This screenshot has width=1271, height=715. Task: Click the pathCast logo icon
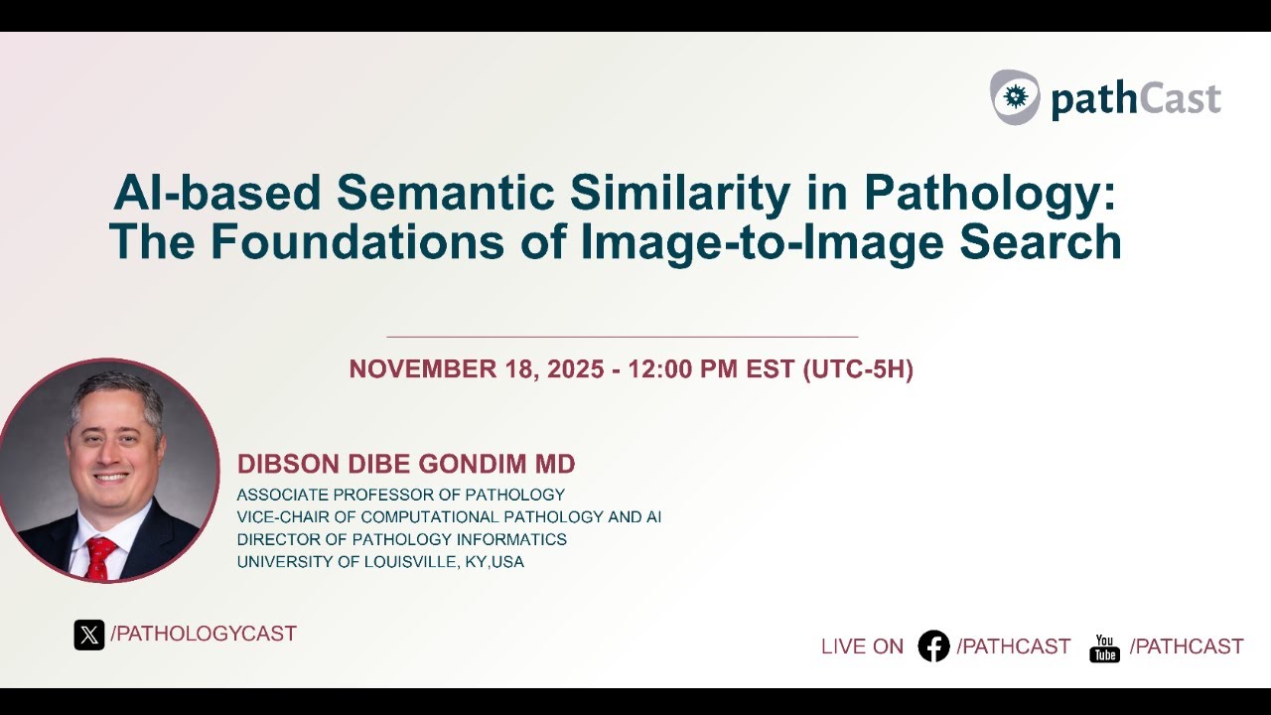(1014, 96)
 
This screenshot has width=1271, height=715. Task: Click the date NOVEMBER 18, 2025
(476, 369)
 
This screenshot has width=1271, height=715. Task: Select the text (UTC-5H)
(857, 369)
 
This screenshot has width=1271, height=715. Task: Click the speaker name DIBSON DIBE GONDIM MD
(406, 464)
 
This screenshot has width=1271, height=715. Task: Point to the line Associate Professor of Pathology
(400, 495)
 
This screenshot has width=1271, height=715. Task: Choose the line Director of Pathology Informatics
(401, 539)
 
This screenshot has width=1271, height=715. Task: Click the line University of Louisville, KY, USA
(380, 562)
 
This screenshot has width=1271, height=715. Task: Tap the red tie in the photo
(99, 556)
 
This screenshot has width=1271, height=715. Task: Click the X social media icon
(89, 635)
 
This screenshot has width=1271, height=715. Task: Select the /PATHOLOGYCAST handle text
(204, 634)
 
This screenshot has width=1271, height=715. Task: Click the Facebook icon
(933, 646)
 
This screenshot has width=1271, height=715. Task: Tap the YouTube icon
(1104, 647)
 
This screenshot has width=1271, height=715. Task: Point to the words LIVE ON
(862, 646)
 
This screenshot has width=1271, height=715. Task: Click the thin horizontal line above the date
(622, 337)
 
